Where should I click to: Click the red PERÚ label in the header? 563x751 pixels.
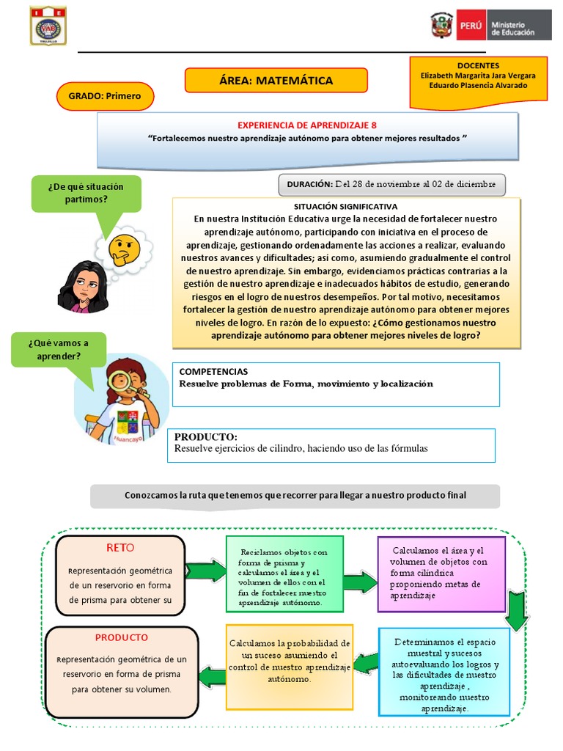coord(470,26)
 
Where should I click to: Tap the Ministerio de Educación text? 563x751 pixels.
coord(512,28)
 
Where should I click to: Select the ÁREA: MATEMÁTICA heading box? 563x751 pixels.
coord(276,81)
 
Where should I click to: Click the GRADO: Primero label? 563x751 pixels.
coord(105,96)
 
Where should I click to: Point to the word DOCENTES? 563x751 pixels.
coord(477,65)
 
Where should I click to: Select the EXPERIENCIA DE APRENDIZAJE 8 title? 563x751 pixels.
coord(307,125)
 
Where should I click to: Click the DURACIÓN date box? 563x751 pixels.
coord(391,185)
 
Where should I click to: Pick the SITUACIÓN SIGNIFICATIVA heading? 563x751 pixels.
coord(345,207)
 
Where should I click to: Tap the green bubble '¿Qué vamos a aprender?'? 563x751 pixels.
coord(59,350)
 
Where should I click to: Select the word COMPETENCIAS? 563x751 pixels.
coord(213,372)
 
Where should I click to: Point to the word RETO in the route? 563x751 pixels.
coord(120,547)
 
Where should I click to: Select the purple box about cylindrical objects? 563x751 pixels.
coord(441,574)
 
